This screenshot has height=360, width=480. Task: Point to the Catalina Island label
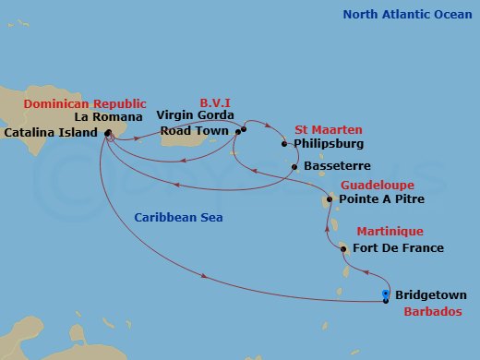(51, 133)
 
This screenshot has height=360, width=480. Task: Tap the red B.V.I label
(215, 103)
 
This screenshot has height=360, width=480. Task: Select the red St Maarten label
(328, 129)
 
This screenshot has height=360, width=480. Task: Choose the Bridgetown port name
(430, 295)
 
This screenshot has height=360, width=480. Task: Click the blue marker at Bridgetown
(385, 295)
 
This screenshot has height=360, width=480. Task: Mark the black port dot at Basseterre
(294, 166)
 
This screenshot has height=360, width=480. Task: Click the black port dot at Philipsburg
(284, 144)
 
